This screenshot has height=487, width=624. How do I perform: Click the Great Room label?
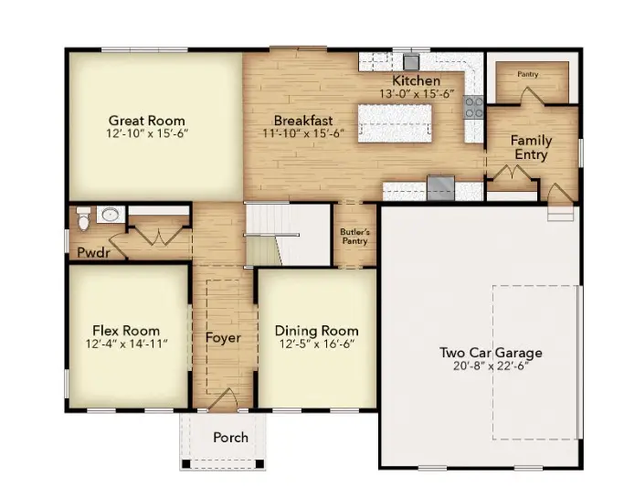(x=146, y=121)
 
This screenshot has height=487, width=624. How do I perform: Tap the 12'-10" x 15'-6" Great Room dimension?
(x=146, y=133)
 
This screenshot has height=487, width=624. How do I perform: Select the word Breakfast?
(x=303, y=121)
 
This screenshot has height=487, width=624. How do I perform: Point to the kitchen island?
(x=394, y=122)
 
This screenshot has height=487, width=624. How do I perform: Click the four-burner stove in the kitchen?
(x=474, y=108)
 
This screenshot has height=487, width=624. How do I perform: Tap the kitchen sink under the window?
(x=411, y=62)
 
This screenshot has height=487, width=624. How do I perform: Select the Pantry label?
(x=527, y=74)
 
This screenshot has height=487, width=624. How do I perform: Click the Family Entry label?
(x=530, y=147)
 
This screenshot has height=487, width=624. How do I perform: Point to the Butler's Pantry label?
(x=354, y=237)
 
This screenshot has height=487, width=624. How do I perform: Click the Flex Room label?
(x=125, y=331)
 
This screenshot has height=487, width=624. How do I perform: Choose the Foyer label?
(x=223, y=338)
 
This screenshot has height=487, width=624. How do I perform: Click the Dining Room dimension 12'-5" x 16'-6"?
(x=316, y=344)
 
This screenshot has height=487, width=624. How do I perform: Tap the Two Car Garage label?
(x=491, y=353)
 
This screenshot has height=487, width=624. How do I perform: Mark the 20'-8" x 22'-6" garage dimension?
(x=491, y=365)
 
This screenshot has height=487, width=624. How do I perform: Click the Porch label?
(x=230, y=438)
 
